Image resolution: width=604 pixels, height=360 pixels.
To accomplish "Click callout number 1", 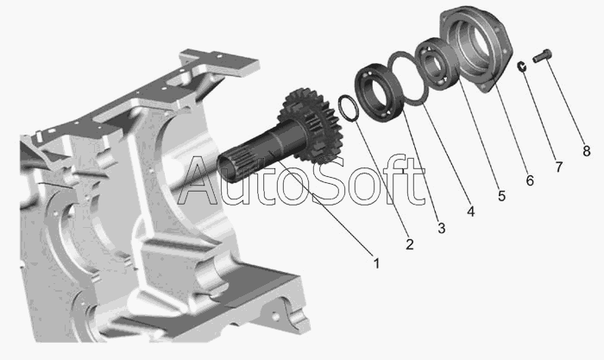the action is (376, 263).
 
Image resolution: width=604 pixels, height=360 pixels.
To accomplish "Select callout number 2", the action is (410, 244).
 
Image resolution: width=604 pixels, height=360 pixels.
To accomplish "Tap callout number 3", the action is (442, 228).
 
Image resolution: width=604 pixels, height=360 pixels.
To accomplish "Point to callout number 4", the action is (471, 212).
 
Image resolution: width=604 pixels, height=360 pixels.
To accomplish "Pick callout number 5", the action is (501, 196).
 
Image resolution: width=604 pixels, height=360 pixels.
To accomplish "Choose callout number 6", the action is (530, 180).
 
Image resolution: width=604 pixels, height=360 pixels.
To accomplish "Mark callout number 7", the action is (558, 167).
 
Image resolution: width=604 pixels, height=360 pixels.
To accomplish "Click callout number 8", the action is (586, 151).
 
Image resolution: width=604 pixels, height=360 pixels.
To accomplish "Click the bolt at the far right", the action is (543, 56).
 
